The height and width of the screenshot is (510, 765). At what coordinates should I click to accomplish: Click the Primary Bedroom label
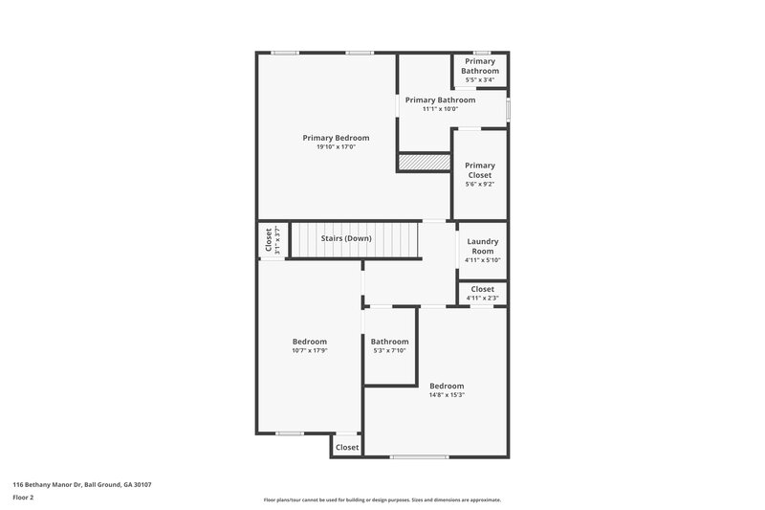pyautogui.click(x=336, y=138)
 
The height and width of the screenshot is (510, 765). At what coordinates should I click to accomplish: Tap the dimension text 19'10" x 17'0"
pyautogui.click(x=336, y=147)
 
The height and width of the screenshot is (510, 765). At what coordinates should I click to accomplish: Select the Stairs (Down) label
pyautogui.click(x=345, y=238)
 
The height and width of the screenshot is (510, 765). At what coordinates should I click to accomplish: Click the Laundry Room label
pyautogui.click(x=482, y=246)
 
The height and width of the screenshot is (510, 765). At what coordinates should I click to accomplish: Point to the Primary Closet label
pyautogui.click(x=479, y=170)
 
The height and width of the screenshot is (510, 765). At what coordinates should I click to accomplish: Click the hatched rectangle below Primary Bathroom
pyautogui.click(x=424, y=163)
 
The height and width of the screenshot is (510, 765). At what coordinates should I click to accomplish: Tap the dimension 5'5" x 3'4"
pyautogui.click(x=479, y=80)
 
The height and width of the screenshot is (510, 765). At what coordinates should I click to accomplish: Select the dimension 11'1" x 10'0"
pyautogui.click(x=440, y=109)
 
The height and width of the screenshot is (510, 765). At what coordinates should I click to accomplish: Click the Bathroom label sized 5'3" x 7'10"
pyautogui.click(x=389, y=342)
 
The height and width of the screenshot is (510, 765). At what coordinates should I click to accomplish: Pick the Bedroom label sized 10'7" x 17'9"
pyautogui.click(x=309, y=342)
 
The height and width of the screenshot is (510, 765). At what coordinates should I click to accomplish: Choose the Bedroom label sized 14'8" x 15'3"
pyautogui.click(x=446, y=386)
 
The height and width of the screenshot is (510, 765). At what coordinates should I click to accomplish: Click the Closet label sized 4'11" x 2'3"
pyautogui.click(x=482, y=289)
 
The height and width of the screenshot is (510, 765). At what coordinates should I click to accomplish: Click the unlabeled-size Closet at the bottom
pyautogui.click(x=346, y=447)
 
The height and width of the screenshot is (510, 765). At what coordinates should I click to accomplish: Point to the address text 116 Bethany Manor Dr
pyautogui.click(x=81, y=484)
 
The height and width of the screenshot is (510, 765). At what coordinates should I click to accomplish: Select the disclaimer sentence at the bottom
pyautogui.click(x=382, y=499)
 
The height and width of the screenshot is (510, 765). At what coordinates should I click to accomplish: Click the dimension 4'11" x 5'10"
pyautogui.click(x=482, y=260)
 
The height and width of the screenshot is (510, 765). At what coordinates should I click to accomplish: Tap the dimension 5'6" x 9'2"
pyautogui.click(x=479, y=184)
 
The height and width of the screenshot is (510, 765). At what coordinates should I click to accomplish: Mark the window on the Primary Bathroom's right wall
pyautogui.click(x=508, y=109)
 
